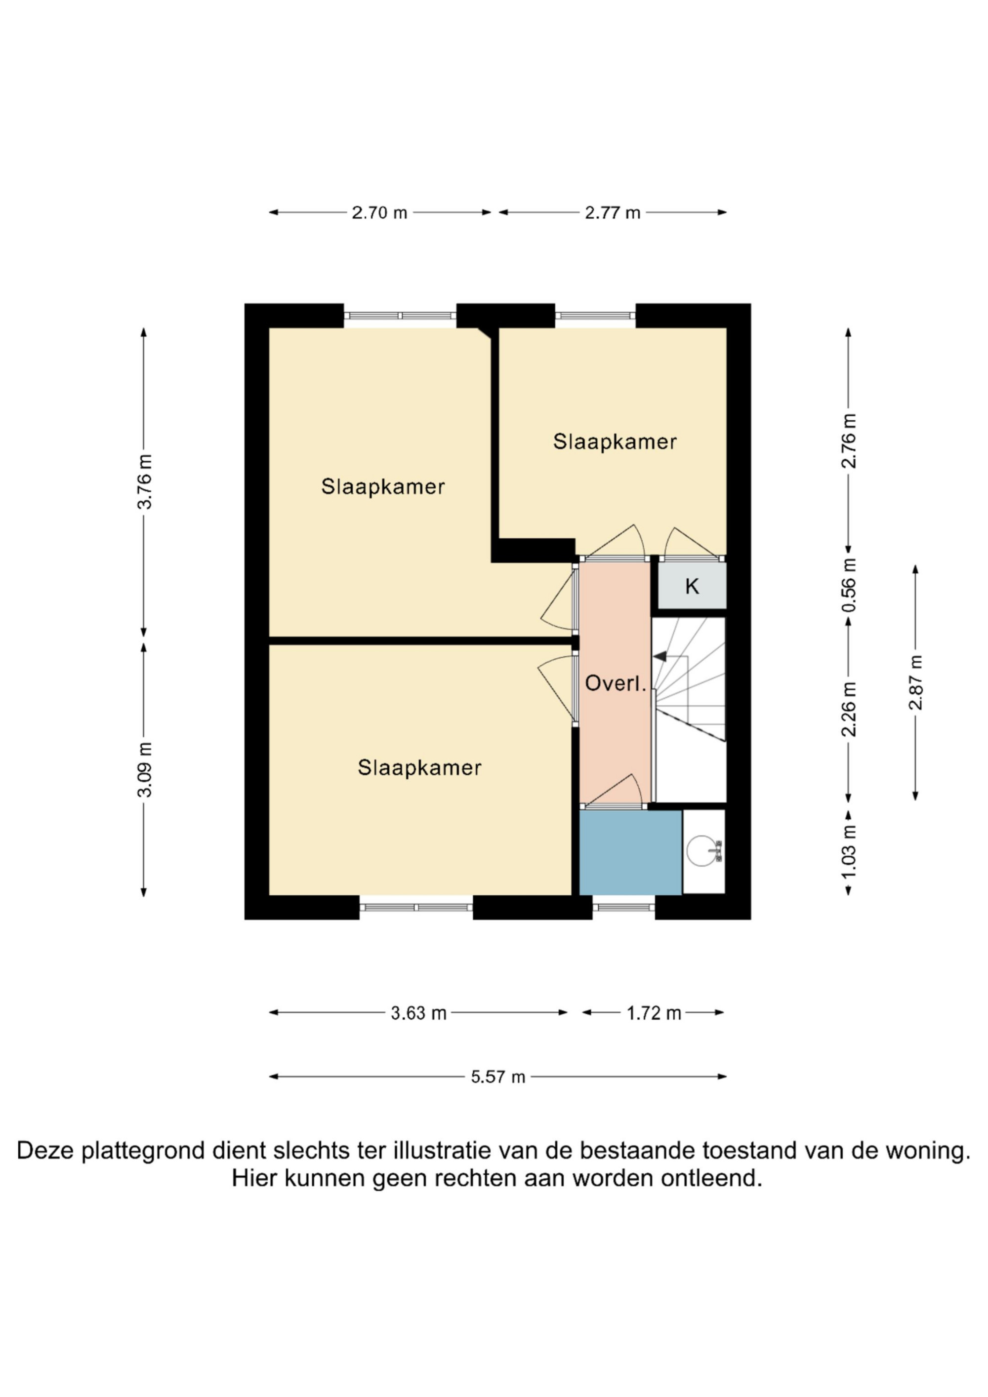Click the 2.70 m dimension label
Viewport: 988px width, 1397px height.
click(x=379, y=213)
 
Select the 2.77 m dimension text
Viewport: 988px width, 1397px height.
click(x=613, y=213)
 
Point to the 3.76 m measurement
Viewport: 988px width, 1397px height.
click(x=145, y=481)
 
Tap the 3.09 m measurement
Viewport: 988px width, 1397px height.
click(x=145, y=770)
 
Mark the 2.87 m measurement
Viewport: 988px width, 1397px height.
click(x=915, y=682)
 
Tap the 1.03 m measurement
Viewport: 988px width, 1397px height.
click(x=849, y=851)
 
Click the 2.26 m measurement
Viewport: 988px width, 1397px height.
click(x=849, y=710)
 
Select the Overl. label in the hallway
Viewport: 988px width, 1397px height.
click(x=615, y=683)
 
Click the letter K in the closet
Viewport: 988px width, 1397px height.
click(x=692, y=587)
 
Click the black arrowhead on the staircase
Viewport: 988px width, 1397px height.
click(x=660, y=656)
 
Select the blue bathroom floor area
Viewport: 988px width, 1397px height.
click(x=630, y=852)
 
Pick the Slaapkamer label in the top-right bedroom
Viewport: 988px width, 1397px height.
click(x=615, y=442)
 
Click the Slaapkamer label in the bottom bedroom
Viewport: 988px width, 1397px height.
click(x=419, y=768)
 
